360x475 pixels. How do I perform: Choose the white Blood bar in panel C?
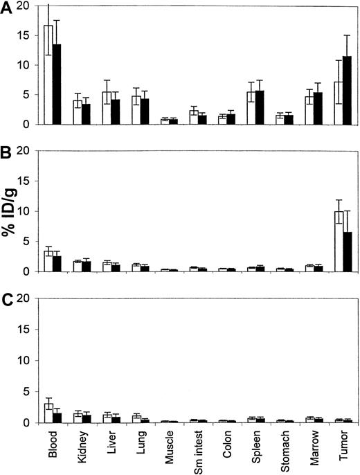coord(48,413)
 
